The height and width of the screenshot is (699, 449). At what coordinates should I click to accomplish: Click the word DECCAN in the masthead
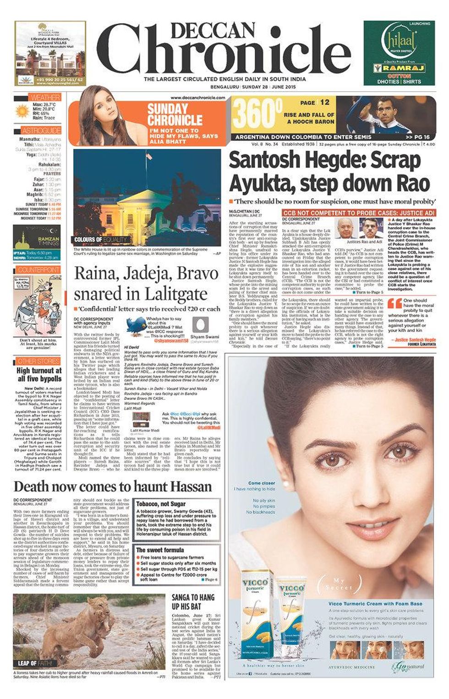point(216,31)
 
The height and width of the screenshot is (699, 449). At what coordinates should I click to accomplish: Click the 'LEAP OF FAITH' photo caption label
point(34,663)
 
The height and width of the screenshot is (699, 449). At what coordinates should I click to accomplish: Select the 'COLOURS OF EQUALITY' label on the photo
point(101,240)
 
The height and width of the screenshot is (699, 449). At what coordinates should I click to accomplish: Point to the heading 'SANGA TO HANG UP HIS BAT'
point(193,602)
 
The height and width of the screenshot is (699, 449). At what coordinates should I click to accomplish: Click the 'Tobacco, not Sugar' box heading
point(160,504)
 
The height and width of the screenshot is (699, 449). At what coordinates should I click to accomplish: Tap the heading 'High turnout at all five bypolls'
point(39,375)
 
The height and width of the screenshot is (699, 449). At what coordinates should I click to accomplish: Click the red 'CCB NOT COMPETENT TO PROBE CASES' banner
point(358,213)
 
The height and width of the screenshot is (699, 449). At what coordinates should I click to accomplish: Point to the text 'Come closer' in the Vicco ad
point(261,483)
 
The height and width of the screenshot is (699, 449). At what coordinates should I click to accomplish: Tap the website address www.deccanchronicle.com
point(197,98)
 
